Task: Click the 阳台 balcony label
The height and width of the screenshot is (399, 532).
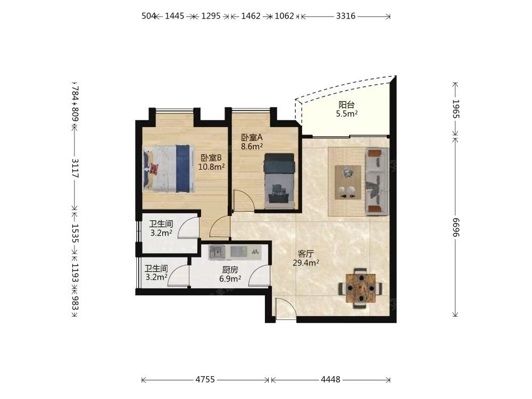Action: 346,105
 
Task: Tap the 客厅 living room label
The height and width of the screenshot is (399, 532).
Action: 305,253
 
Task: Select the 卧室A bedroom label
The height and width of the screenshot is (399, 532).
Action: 252,137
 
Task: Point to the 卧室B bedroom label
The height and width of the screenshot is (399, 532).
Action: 211,158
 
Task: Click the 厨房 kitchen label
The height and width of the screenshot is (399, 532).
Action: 230,270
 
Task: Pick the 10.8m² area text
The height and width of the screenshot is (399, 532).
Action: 212,167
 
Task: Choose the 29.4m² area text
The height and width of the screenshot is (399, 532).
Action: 306,262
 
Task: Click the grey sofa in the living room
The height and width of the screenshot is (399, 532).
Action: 377,181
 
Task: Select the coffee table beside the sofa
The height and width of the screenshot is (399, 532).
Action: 348,182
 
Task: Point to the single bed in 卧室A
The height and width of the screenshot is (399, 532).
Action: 279,180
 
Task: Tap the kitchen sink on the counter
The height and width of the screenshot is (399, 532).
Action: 217,252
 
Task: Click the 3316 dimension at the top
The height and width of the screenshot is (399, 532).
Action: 346,16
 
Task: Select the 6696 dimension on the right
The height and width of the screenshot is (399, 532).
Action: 456,227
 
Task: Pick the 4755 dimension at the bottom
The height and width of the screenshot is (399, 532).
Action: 205,379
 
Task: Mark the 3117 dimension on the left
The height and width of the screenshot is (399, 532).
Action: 75,168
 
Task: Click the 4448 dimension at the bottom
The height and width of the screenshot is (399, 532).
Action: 330,379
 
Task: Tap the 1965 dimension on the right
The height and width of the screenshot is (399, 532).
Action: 456,109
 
